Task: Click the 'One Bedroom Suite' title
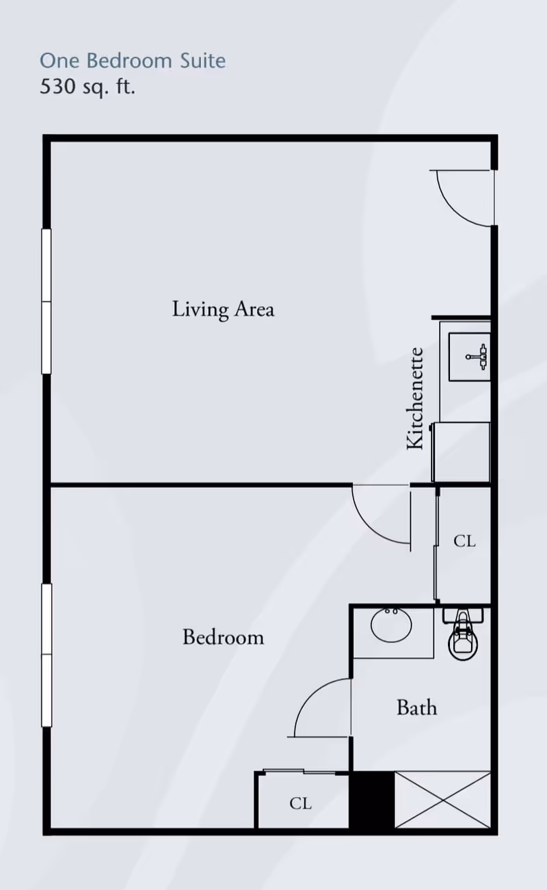pos(133,61)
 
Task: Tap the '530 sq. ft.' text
pos(88,87)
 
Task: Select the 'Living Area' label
pos(223,309)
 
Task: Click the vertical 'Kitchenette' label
pos(415,399)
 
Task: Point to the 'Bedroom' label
pos(223,637)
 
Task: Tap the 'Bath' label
pos(416,707)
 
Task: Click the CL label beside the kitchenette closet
pos(464,541)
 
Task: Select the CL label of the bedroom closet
pos(300,804)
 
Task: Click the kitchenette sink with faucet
pos(470,356)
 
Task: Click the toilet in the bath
pos(464,634)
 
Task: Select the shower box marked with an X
pos(443,800)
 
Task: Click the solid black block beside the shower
pos(372,800)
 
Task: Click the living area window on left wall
pos(46,301)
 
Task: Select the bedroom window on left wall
pos(46,655)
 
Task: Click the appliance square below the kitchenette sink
pos(462,452)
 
